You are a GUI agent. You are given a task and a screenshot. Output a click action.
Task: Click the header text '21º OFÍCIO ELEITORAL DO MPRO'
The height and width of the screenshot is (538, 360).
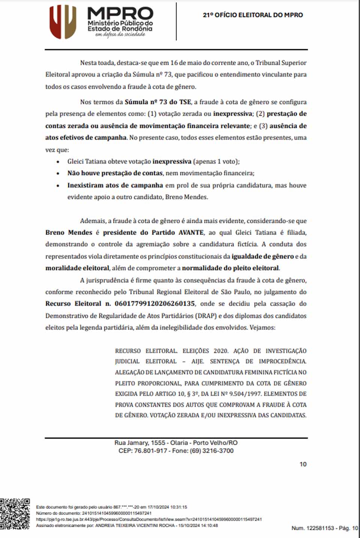click(x=253, y=15)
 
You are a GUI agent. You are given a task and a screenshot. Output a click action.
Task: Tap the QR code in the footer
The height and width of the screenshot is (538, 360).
click(x=15, y=514)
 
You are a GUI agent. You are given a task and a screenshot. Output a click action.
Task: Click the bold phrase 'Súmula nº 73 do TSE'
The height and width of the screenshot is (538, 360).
click(x=158, y=102)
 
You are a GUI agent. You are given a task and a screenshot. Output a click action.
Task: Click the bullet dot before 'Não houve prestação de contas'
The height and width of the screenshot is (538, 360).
click(x=58, y=173)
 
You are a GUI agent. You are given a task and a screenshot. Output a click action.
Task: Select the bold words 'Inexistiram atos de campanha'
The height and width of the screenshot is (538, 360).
click(x=115, y=185)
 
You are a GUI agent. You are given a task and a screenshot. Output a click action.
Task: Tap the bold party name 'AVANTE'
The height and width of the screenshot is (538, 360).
click(x=191, y=232)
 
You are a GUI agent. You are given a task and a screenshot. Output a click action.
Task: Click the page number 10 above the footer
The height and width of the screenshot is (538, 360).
click(x=303, y=464)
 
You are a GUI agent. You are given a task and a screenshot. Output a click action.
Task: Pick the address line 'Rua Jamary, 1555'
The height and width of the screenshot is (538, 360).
click(x=139, y=442)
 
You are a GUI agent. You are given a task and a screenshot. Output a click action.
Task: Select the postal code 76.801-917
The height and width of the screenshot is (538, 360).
click(x=150, y=451)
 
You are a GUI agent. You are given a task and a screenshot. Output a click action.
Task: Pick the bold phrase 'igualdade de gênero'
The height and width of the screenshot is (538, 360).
click(x=262, y=256)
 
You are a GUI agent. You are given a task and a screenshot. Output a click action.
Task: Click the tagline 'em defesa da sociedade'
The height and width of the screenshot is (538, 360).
click(x=120, y=34)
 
